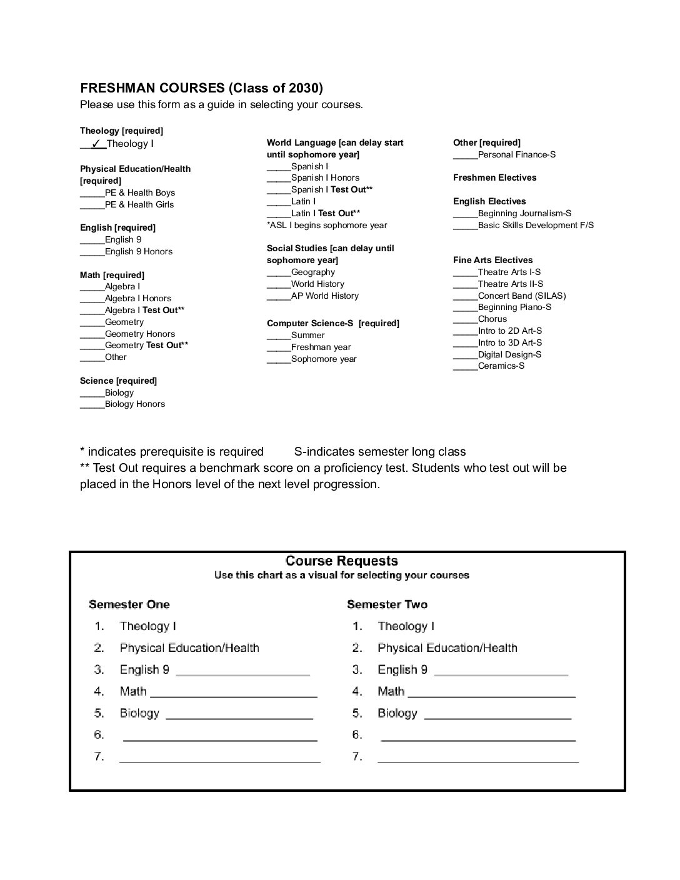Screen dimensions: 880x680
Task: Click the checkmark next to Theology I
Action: pos(96,144)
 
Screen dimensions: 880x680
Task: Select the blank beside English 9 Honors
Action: pos(92,252)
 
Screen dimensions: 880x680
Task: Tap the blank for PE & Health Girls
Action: pos(92,205)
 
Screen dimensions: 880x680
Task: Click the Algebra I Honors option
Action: pos(137,299)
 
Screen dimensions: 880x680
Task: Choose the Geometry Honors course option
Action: pos(139,334)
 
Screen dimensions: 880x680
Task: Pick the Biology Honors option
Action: pos(134,404)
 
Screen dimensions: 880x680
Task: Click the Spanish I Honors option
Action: pos(325,178)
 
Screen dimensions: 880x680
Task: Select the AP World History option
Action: pos(324,296)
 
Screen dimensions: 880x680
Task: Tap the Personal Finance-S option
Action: pos(516,155)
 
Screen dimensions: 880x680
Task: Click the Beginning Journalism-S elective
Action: pos(524,214)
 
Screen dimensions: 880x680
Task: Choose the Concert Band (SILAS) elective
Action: pos(521,296)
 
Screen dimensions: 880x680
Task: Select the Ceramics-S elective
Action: pos(501,366)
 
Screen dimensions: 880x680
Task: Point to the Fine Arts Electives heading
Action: pos(493,260)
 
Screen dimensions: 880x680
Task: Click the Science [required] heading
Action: pos(118,381)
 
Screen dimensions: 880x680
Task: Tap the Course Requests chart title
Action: pos(341,561)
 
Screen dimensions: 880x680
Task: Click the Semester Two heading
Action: pos(387,604)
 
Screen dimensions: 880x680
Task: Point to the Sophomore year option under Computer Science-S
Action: pos(324,359)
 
